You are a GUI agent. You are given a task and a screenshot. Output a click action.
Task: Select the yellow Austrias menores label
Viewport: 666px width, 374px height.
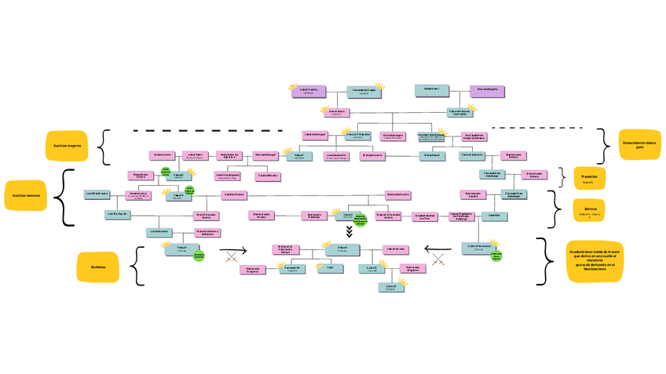[x=26, y=195]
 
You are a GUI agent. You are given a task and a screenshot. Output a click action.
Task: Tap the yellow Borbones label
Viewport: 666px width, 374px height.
[x=97, y=267]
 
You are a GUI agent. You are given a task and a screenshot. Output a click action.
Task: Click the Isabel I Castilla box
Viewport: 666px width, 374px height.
[x=308, y=91]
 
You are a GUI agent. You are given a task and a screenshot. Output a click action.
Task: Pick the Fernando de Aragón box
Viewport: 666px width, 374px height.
[x=363, y=91]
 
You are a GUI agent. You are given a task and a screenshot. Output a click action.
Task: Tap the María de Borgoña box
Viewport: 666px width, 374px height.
[x=486, y=90]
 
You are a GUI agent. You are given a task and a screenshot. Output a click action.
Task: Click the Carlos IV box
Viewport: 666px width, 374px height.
[x=390, y=288]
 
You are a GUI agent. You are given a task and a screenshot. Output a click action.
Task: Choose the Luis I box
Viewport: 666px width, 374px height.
[x=330, y=268]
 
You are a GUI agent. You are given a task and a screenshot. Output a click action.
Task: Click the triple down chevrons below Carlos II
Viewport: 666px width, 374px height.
[x=349, y=231]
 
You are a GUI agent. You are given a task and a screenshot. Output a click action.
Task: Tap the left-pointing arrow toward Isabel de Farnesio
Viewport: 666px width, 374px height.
[x=434, y=250]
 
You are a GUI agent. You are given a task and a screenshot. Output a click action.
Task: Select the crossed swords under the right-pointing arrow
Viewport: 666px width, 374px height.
[x=232, y=257]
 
